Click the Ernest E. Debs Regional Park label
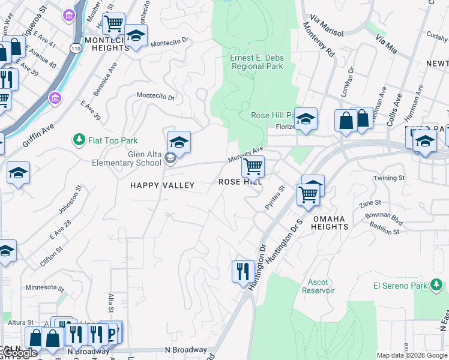[257, 62]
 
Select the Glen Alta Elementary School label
[127, 158]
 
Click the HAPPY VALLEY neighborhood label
[162, 185]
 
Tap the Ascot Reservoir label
[318, 286]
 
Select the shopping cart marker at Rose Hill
[253, 166]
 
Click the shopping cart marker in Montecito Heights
[113, 24]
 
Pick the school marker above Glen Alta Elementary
[179, 142]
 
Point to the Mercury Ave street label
[246, 155]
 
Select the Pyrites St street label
[275, 197]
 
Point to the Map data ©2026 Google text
[411, 355]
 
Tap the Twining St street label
[390, 178]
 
